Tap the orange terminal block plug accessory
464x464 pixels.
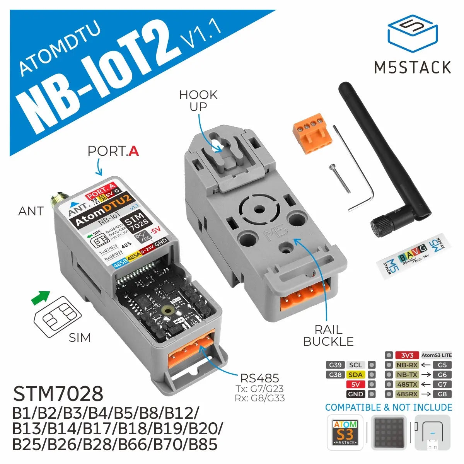tap(313, 133)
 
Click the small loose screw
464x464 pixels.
tap(339, 178)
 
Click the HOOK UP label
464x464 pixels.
tap(198, 101)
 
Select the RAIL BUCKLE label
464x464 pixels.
tap(328, 336)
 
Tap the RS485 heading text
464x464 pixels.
tap(259, 378)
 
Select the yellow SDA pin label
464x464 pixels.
tap(355, 375)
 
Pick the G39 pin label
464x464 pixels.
tap(335, 365)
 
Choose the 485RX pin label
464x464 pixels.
tap(407, 394)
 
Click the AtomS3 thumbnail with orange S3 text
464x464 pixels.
tap(345, 433)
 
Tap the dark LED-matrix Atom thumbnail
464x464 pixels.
tap(389, 433)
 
